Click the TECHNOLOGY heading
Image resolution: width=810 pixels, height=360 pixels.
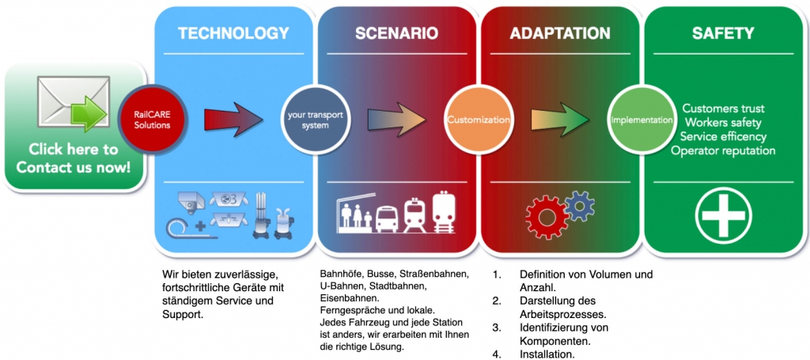click(233, 34)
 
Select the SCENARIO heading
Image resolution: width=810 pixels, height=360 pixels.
click(396, 34)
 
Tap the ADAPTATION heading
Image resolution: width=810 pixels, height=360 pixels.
click(559, 34)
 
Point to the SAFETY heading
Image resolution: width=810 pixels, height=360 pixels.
click(723, 34)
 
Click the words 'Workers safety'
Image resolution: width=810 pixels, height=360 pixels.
click(723, 122)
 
